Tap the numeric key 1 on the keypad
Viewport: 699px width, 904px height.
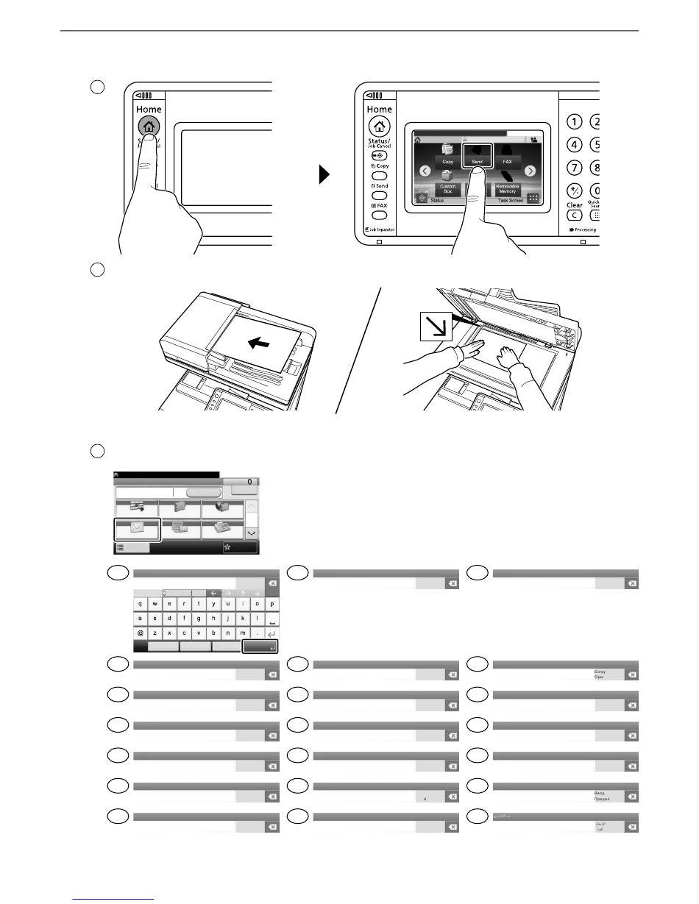[575, 123]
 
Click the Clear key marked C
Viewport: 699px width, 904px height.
[575, 216]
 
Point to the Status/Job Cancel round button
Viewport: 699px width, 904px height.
[379, 156]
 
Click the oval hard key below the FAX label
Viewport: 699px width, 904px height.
[379, 216]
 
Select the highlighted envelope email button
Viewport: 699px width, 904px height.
[136, 528]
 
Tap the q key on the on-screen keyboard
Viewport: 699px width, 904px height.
[141, 604]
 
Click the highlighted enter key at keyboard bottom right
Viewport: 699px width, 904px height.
[261, 647]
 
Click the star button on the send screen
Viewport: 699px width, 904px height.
[241, 547]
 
